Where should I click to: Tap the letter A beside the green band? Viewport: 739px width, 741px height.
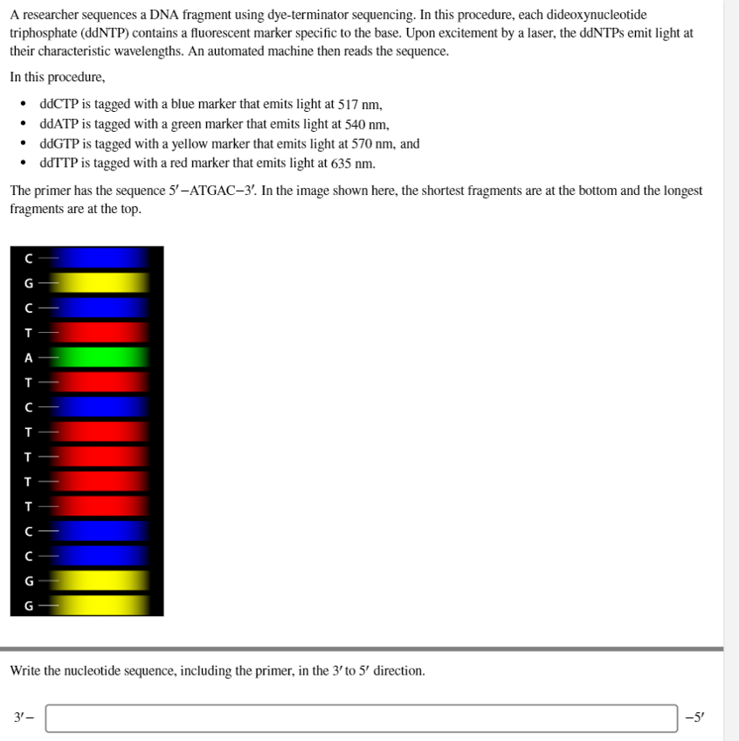pos(28,357)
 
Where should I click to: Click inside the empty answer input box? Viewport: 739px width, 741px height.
pos(361,718)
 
